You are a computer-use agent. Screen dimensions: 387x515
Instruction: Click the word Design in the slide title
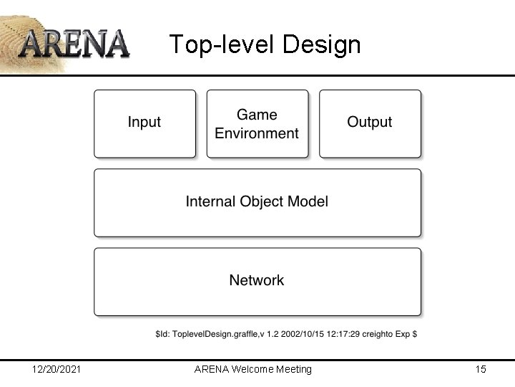(x=321, y=45)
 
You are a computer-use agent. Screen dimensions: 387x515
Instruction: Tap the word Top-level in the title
(x=222, y=45)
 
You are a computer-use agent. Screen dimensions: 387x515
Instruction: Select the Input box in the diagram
(x=144, y=123)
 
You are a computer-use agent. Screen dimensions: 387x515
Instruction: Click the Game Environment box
(x=257, y=123)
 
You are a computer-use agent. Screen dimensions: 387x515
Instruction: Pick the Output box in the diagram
(x=370, y=123)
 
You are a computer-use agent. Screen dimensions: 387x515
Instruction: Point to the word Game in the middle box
(x=257, y=115)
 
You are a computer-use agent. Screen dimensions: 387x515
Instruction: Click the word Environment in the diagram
(x=257, y=133)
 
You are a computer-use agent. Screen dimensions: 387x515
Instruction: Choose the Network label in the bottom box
(x=257, y=280)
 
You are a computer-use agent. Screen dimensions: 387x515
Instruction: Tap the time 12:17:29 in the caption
(x=343, y=334)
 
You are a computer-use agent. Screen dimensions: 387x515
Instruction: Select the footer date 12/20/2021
(x=57, y=369)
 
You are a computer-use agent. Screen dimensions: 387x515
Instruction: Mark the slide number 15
(x=481, y=369)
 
